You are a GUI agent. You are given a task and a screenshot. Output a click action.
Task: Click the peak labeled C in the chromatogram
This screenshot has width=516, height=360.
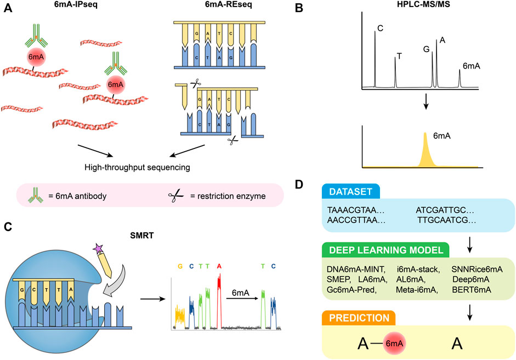click(375, 58)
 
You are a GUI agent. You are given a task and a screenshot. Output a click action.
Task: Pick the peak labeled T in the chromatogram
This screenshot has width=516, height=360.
click(395, 71)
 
